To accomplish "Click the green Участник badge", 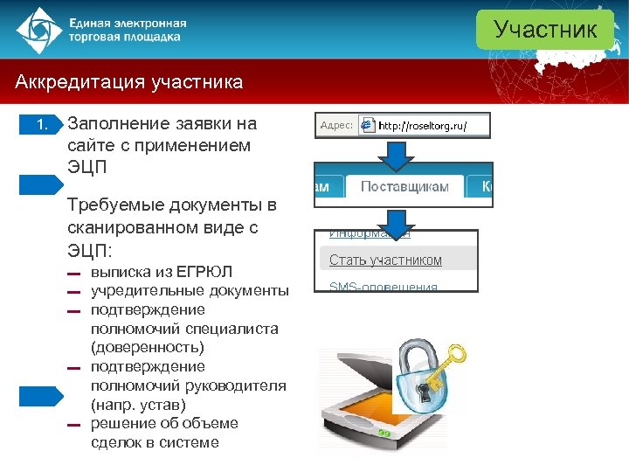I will coord(545,30).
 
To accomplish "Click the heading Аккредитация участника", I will coord(128,83).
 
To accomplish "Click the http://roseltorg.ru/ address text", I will coord(423,126).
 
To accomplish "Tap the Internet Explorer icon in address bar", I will coord(368,126).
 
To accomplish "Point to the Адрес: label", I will coord(336,126).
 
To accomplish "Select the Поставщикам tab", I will coord(404,186).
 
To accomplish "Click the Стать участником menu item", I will coord(385,260).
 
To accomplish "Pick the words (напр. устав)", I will coord(138,405).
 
